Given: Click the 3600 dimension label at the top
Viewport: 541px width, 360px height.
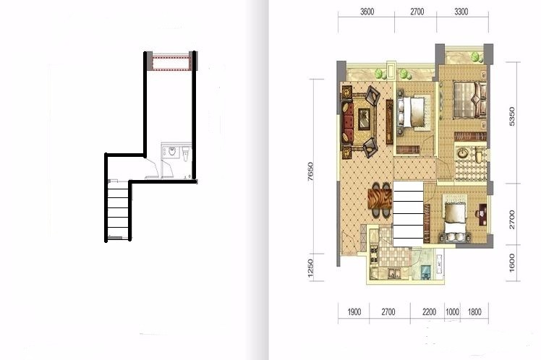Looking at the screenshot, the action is (367, 12).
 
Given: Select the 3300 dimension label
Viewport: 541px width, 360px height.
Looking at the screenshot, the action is (461, 12).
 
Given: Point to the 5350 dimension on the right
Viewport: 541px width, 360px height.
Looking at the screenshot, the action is (511, 116).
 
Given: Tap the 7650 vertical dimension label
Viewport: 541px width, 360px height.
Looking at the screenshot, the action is (310, 171).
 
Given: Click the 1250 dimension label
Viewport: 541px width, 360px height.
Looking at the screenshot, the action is (310, 268).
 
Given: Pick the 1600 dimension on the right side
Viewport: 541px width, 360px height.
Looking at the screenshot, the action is (511, 262).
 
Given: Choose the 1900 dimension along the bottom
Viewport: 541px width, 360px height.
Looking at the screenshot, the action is (354, 312).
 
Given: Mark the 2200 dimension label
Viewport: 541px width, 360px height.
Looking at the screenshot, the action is (429, 312).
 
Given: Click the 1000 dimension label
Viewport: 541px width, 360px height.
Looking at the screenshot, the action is (452, 312).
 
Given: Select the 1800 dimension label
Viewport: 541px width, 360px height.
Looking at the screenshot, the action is (474, 312).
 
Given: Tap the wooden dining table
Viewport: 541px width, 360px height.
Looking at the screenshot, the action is (380, 200).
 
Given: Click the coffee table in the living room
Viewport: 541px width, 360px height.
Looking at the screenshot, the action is (364, 119).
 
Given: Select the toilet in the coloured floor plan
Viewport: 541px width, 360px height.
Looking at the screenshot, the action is (479, 155).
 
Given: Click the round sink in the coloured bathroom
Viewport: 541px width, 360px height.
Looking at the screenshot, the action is (461, 153).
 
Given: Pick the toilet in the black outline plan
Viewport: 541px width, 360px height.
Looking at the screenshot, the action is (186, 154).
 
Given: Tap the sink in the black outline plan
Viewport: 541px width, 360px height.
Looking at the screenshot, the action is (172, 151).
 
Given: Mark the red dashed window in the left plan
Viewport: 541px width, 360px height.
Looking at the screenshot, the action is (171, 62).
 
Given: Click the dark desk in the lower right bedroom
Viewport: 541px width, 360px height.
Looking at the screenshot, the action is (482, 214).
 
